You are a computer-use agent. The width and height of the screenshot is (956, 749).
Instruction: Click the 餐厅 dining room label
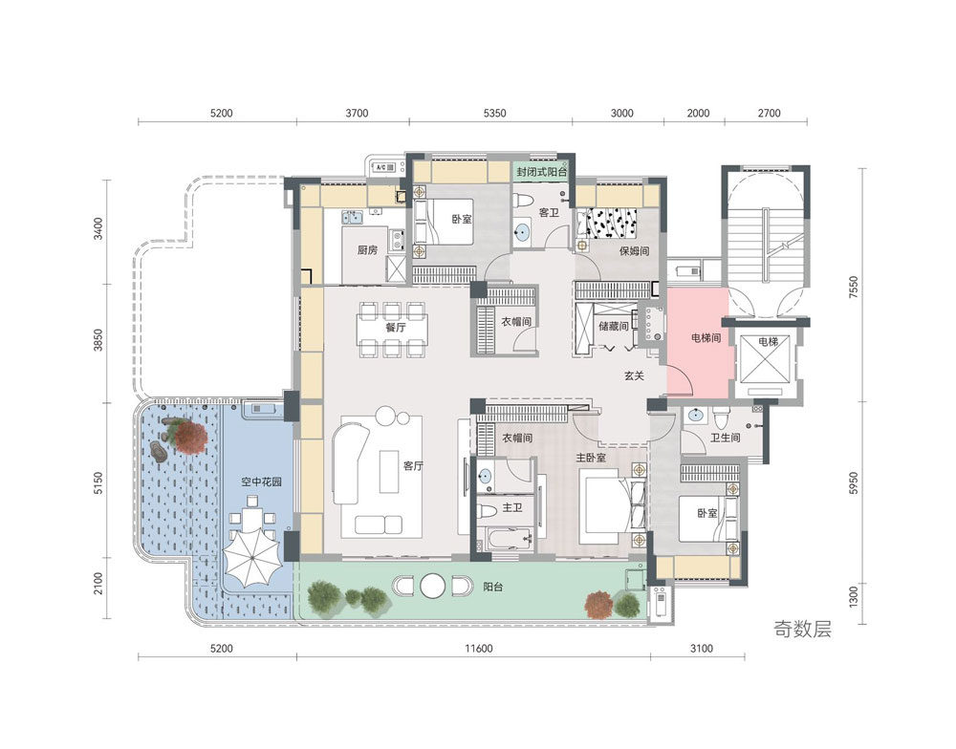pos(395,328)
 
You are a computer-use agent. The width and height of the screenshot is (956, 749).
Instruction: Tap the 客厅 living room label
pos(413,466)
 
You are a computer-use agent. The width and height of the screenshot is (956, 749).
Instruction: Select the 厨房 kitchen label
pos(367,250)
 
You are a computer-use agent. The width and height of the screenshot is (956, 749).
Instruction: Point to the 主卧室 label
pos(591,458)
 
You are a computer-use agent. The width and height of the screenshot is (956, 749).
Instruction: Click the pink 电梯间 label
pos(706,337)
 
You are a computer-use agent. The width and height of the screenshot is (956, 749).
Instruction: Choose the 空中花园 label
pos(261,482)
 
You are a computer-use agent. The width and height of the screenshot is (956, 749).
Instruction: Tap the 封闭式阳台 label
pos(541,172)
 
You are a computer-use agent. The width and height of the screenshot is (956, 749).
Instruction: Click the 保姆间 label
pos(634,250)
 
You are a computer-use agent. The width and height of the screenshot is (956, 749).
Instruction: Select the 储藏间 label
pos(614,326)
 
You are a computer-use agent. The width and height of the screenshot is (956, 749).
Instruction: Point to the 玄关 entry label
pos(634,376)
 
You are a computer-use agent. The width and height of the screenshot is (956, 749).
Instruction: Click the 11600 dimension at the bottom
pos(479,649)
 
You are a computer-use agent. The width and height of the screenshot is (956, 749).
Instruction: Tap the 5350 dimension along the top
pos(494,113)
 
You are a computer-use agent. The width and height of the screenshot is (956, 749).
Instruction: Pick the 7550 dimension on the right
pos(853,287)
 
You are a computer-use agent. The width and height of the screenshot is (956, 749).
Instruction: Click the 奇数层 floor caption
pos(802,629)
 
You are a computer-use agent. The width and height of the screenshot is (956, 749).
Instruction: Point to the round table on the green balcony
pos(433,586)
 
